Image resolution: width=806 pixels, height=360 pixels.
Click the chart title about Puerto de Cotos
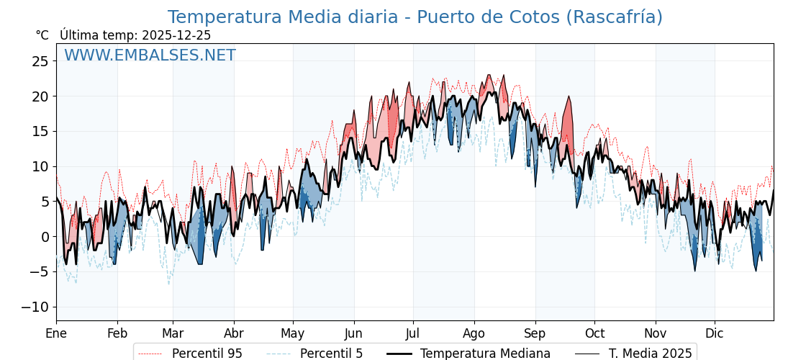click(x=415, y=17)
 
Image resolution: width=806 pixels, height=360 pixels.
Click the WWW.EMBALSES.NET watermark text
click(x=150, y=55)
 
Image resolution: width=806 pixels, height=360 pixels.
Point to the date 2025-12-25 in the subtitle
click(x=176, y=35)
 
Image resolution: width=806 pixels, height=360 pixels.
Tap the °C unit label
click(x=42, y=35)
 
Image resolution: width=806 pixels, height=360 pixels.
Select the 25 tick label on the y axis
click(x=40, y=61)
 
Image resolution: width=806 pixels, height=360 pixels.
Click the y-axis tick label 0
click(x=45, y=237)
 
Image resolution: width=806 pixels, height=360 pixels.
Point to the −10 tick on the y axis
click(x=35, y=307)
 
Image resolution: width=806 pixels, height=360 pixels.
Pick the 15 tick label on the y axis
click(x=40, y=132)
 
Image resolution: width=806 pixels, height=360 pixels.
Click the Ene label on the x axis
click(x=56, y=333)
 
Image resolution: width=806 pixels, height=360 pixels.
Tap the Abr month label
click(x=234, y=333)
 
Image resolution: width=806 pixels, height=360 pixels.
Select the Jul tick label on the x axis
click(x=413, y=333)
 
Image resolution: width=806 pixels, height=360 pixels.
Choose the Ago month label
click(x=474, y=333)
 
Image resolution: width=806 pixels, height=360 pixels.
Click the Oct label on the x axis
click(x=594, y=333)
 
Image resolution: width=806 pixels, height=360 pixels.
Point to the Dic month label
click(x=715, y=333)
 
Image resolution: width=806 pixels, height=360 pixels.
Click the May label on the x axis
click(x=293, y=333)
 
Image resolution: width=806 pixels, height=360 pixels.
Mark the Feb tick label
click(x=117, y=333)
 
